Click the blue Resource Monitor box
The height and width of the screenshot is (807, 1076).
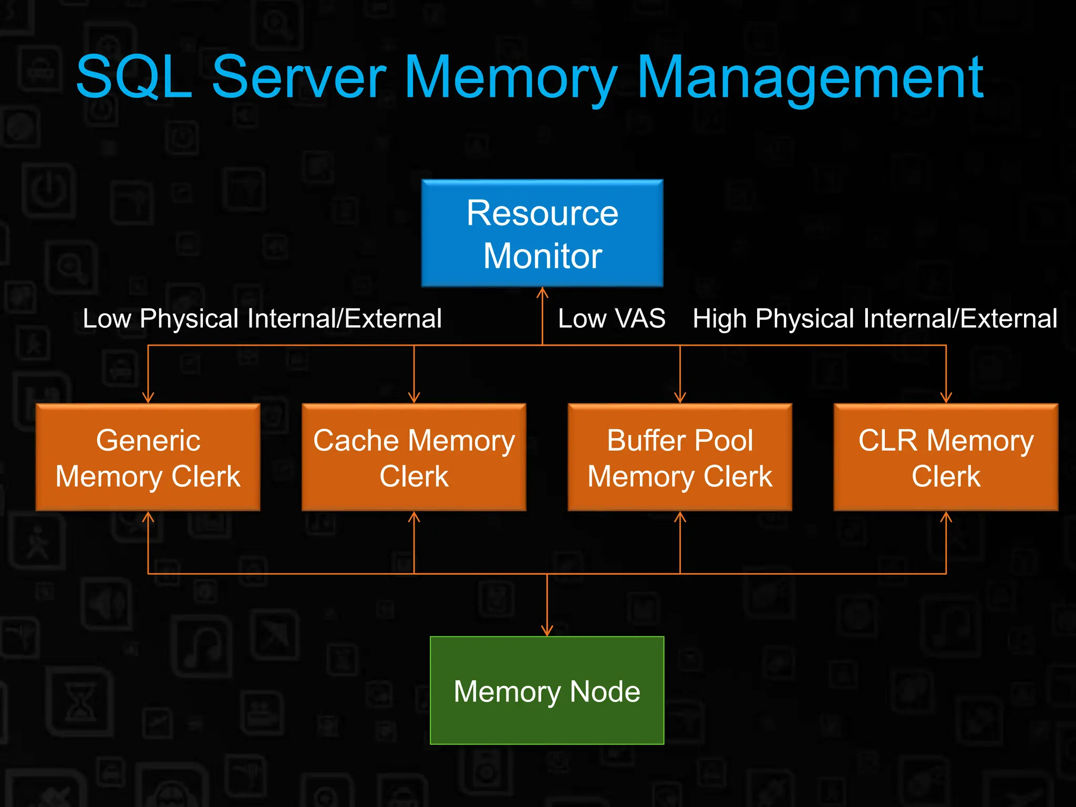point(542,233)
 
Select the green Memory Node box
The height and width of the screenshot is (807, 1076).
point(547,690)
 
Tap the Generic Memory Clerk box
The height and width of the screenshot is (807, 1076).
point(148,457)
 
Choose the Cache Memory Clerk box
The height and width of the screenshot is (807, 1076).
point(414,457)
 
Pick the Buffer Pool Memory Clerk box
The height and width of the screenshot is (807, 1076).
point(680,457)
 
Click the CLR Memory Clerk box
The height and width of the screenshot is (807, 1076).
point(946,457)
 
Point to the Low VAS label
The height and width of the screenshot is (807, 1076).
point(612,318)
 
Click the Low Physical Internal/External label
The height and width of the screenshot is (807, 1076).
point(262,318)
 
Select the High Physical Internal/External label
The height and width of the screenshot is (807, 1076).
point(875,318)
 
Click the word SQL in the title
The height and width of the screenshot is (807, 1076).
point(134,77)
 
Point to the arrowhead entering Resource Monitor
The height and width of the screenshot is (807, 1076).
point(543,292)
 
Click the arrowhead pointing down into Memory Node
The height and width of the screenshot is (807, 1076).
point(547,631)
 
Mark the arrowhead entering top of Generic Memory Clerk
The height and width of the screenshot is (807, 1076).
point(148,398)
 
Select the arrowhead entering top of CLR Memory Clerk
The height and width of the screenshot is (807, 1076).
point(946,398)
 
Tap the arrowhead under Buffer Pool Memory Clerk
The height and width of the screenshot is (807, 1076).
point(680,517)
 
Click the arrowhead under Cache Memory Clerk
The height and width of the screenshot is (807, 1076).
point(414,517)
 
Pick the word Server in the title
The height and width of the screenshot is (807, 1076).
point(299,77)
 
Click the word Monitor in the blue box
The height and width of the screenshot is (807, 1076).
point(542,256)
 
